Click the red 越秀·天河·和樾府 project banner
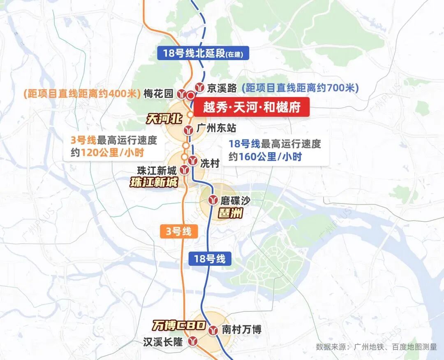click(x=251, y=108)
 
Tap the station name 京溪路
click(x=222, y=88)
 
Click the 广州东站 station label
click(x=217, y=128)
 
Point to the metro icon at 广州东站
click(x=189, y=130)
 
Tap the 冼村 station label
click(x=210, y=163)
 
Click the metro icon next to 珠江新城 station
click(x=185, y=169)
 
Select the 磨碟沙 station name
click(x=235, y=200)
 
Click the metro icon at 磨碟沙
click(x=213, y=200)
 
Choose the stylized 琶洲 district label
click(x=230, y=213)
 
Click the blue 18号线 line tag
click(x=210, y=259)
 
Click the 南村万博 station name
click(x=241, y=330)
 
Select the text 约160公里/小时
click(x=266, y=156)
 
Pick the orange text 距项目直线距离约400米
click(x=82, y=94)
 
